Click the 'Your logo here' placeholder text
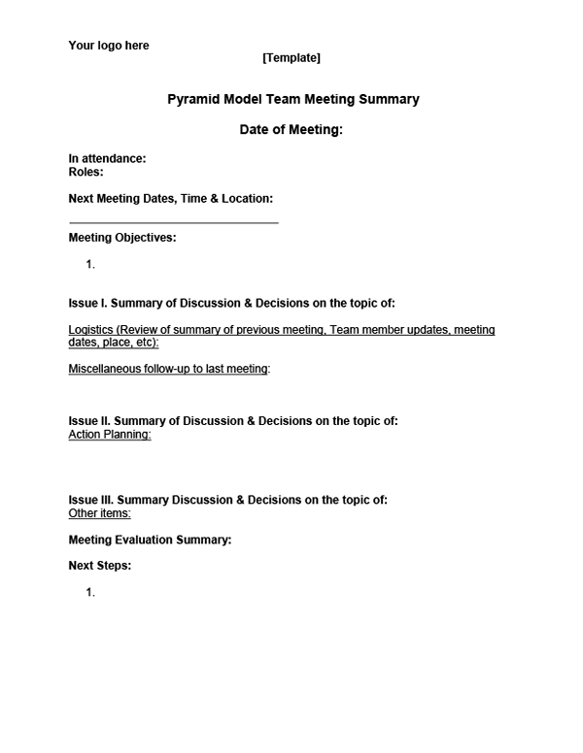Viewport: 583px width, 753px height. pos(108,46)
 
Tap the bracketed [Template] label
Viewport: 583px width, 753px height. pos(291,58)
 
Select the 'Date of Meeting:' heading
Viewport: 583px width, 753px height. pos(291,130)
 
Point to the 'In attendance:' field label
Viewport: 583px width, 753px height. pos(107,158)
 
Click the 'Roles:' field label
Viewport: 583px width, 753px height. pos(86,172)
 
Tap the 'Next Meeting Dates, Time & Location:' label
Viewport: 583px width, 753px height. pos(170,199)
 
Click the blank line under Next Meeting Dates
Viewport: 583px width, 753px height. pos(173,222)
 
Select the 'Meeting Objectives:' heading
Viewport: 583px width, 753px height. pos(121,238)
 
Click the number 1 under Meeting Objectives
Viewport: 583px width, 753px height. pos(89,264)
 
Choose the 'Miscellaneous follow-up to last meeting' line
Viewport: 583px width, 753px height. pos(168,369)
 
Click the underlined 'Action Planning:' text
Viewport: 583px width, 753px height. pos(109,435)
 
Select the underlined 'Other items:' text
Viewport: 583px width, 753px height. pos(99,513)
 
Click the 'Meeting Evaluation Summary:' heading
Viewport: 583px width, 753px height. pos(150,540)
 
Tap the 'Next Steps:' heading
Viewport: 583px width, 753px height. pos(99,566)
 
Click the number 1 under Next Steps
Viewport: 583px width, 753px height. pos(89,592)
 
